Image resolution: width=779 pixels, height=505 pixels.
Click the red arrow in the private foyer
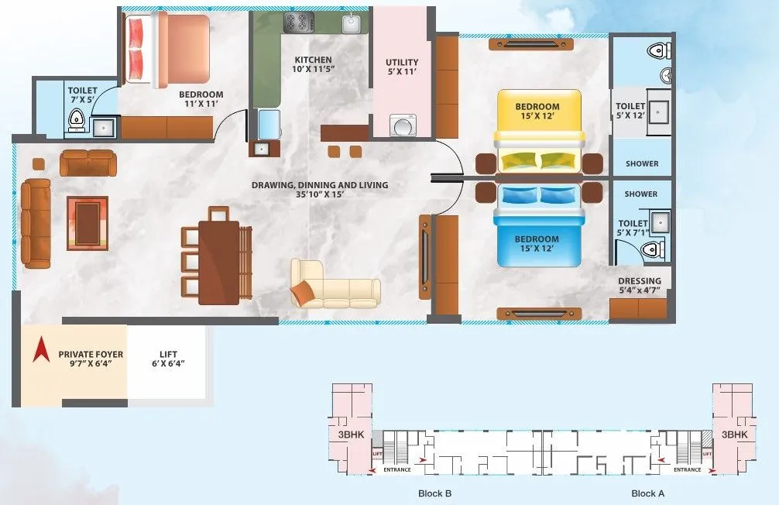coord(36,352)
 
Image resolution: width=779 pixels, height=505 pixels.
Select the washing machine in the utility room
coord(402,125)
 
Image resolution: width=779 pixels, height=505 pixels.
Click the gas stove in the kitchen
coord(298,21)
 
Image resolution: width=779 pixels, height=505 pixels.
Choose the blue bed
coord(539,225)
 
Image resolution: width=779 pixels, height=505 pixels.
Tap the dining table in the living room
coord(218,262)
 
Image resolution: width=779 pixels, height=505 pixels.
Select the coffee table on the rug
coord(88,223)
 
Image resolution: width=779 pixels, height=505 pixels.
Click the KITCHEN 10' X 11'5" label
coord(313,65)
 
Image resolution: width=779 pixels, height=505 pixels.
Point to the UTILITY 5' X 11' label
coord(402,67)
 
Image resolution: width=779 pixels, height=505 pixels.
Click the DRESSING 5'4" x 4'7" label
coord(640,286)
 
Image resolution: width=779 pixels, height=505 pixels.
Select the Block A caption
coord(647,493)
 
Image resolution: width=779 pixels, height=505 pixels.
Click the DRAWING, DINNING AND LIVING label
coord(319,191)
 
